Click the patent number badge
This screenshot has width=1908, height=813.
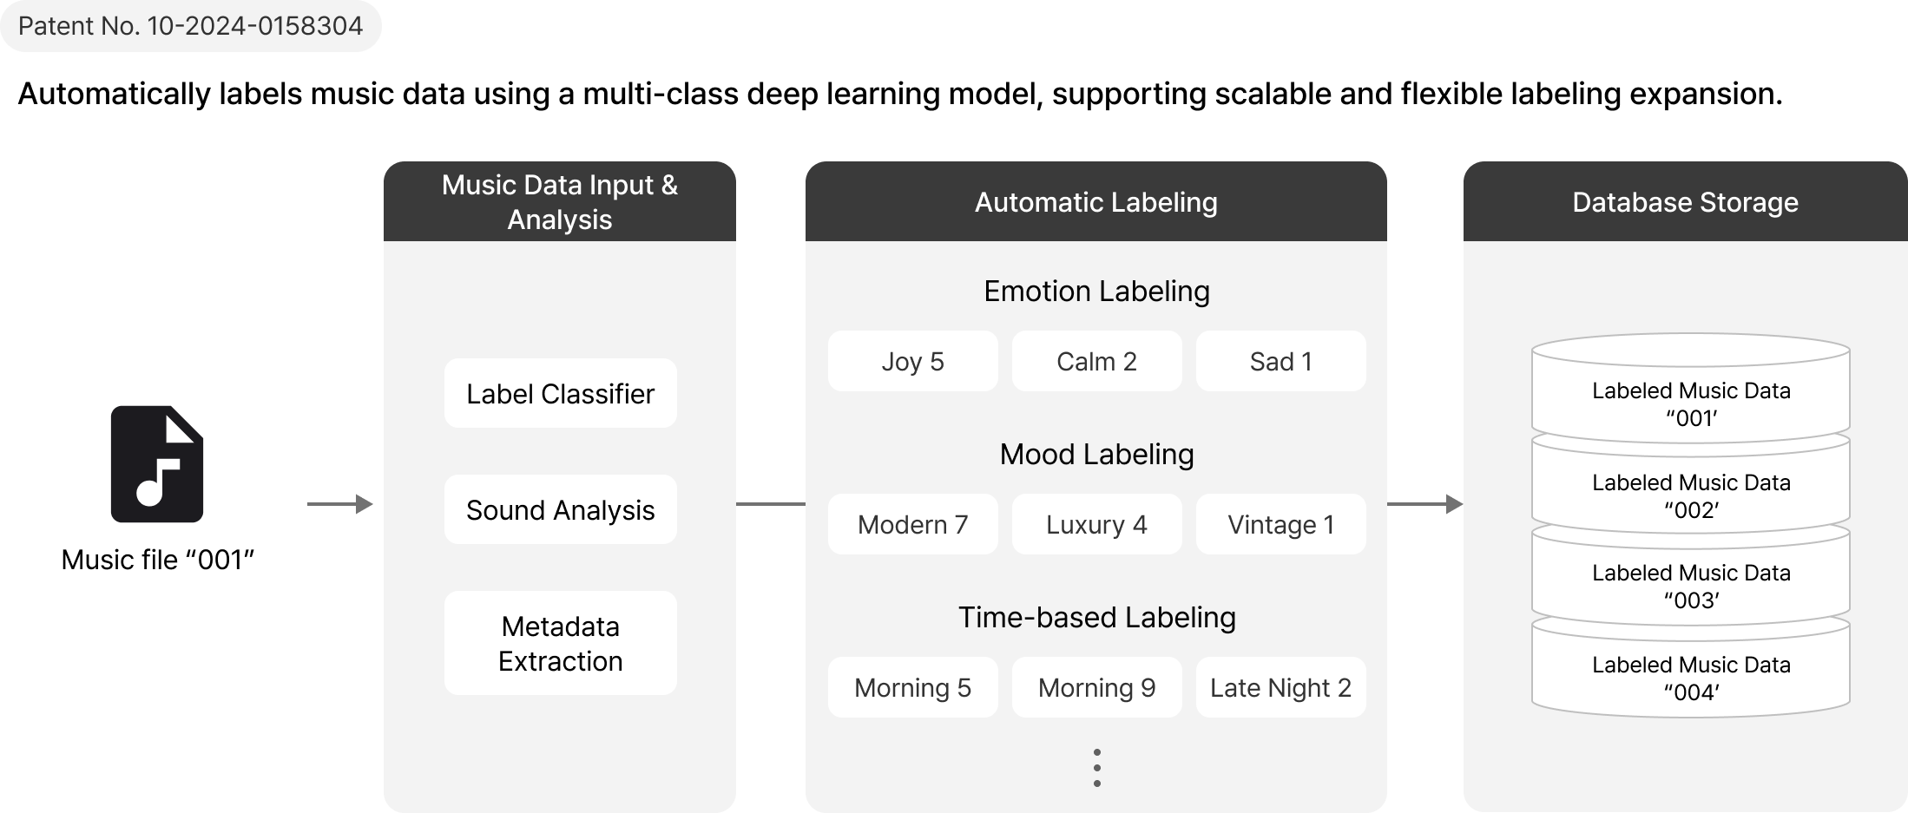(x=190, y=26)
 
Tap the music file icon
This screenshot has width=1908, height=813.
(x=157, y=463)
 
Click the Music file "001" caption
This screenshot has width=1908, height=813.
(x=157, y=560)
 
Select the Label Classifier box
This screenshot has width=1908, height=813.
(x=561, y=393)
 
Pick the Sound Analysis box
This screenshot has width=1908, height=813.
(x=561, y=509)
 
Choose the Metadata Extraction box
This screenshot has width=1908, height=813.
(x=561, y=643)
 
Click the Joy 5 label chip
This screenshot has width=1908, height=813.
(x=913, y=361)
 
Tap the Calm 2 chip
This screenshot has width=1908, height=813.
(x=1097, y=361)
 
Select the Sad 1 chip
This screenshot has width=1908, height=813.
(x=1281, y=361)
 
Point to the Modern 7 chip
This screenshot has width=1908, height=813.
(x=913, y=524)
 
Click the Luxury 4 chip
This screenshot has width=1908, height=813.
(x=1097, y=524)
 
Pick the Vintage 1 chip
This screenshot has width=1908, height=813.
(x=1281, y=524)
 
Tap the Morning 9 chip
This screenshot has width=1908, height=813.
(x=1097, y=687)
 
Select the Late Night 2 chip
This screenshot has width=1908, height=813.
(x=1281, y=687)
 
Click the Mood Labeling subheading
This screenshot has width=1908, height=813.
(x=1097, y=454)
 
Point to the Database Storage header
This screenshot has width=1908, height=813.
(x=1686, y=201)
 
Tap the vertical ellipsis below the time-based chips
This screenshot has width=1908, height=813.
(x=1097, y=768)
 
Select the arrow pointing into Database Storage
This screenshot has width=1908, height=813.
(x=1425, y=504)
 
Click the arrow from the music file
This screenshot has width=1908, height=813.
(x=340, y=504)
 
